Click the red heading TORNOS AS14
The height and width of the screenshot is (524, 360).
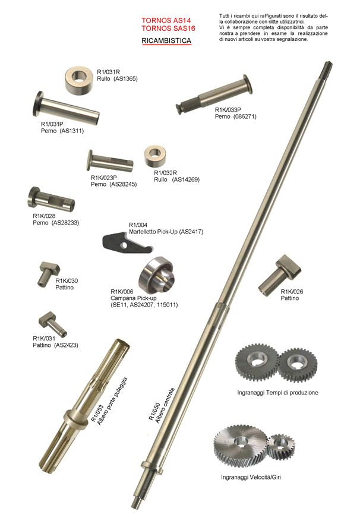tap(166, 20)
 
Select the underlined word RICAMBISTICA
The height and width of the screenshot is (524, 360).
tap(166, 41)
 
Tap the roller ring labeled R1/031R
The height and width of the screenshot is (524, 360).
tap(78, 80)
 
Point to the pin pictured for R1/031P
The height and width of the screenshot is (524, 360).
tap(65, 108)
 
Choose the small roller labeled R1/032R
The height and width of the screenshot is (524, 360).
tap(155, 156)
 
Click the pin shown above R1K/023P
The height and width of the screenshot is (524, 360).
tap(110, 161)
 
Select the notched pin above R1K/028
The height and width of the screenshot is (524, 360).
tap(51, 199)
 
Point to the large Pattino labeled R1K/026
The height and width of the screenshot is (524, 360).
tap(280, 275)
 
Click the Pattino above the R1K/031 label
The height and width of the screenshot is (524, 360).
tap(52, 323)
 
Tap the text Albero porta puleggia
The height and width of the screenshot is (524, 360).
tap(112, 400)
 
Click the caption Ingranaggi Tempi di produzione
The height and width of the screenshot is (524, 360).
tap(277, 393)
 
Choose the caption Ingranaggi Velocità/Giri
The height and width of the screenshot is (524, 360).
tap(251, 477)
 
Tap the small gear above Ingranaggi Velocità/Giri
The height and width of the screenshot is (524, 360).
tap(282, 447)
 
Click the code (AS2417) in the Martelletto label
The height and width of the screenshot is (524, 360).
tap(191, 232)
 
